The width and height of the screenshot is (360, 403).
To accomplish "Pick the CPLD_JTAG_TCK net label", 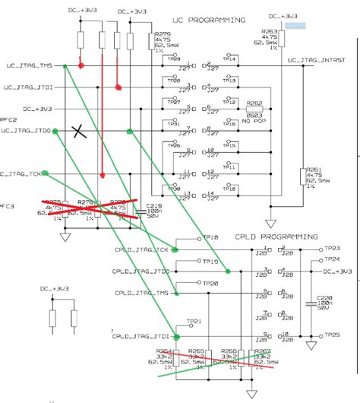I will (141, 250).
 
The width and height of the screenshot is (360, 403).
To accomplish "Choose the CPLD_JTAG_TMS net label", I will (141, 293).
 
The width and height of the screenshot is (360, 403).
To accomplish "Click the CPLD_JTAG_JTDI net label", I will (140, 336).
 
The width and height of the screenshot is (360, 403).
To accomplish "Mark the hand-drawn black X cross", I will (79, 131).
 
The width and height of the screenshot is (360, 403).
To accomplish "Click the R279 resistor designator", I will (162, 34).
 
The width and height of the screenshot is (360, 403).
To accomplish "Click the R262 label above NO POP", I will (254, 103).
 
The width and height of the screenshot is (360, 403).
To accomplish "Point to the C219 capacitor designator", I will (154, 206).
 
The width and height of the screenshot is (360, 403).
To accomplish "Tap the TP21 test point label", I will (195, 322).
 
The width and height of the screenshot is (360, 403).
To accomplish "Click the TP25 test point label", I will (331, 335).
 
